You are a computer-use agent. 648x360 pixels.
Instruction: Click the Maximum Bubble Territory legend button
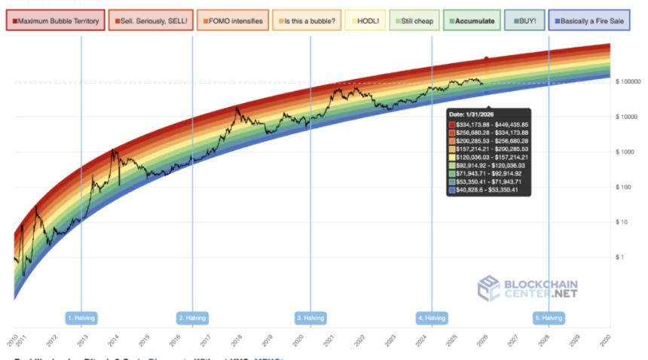tap(55, 21)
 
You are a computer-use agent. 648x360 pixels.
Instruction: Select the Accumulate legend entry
tap(471, 21)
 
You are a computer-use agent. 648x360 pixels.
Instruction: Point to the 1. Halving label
tap(81, 318)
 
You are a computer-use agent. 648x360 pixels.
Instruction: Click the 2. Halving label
tap(192, 318)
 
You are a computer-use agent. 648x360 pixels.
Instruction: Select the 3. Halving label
tap(310, 318)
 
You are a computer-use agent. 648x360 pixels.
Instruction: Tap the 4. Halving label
tap(432, 318)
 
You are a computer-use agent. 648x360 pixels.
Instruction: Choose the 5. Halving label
tap(549, 318)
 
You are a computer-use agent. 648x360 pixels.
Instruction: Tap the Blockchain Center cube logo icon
tap(489, 288)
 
